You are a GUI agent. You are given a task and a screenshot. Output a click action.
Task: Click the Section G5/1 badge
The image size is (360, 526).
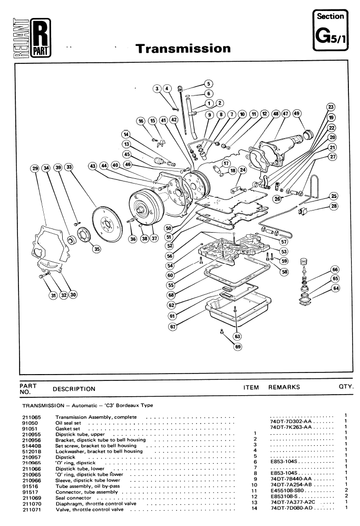pyautogui.click(x=330, y=30)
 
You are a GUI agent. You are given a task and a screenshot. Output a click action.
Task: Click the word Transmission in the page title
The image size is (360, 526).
pyautogui.click(x=183, y=49)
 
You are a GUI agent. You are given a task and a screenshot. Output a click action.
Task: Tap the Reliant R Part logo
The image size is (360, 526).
pyautogui.click(x=32, y=37)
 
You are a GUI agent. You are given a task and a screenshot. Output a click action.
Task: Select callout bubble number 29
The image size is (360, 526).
pyautogui.click(x=35, y=168)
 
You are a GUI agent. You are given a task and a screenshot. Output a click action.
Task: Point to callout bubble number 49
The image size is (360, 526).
pyautogui.click(x=297, y=113)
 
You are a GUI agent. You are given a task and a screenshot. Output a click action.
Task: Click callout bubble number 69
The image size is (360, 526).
pyautogui.click(x=238, y=347)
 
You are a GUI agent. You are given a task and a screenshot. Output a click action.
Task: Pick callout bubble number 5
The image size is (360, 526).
pyautogui.click(x=208, y=83)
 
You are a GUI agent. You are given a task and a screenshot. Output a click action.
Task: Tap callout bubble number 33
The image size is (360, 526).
pyautogui.click(x=69, y=167)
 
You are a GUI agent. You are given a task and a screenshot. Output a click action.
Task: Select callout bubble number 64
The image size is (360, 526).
pyautogui.click(x=336, y=288)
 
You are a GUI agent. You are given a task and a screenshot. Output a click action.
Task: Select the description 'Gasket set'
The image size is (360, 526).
pyautogui.click(x=67, y=428)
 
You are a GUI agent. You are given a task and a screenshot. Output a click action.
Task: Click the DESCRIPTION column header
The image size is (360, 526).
pyautogui.click(x=74, y=389)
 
